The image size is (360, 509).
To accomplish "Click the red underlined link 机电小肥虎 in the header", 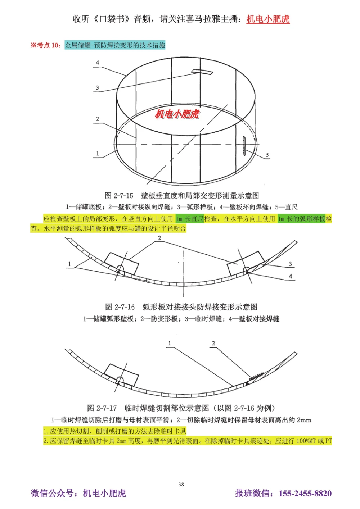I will click(x=268, y=19).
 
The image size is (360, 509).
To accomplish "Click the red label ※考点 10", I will click(x=45, y=45).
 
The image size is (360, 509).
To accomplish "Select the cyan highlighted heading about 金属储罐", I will click(x=115, y=45).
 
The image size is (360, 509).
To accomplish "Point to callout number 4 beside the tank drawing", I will click(x=97, y=63).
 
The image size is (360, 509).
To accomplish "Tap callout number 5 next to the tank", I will click(x=267, y=155).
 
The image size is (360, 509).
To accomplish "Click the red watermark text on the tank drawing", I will click(x=177, y=114).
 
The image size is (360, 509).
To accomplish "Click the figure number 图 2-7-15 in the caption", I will click(x=119, y=196).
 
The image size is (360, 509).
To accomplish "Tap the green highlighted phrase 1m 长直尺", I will click(x=189, y=219).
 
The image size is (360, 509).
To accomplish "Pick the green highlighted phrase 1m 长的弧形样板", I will click(x=301, y=219).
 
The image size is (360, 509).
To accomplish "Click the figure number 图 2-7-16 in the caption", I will click(x=120, y=307).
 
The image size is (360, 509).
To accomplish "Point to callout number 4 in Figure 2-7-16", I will click(x=290, y=276).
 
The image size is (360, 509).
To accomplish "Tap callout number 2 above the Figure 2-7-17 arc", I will click(x=213, y=344).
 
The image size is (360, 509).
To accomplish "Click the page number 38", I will click(x=181, y=484).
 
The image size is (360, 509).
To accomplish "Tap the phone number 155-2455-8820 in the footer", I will click(x=305, y=493).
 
